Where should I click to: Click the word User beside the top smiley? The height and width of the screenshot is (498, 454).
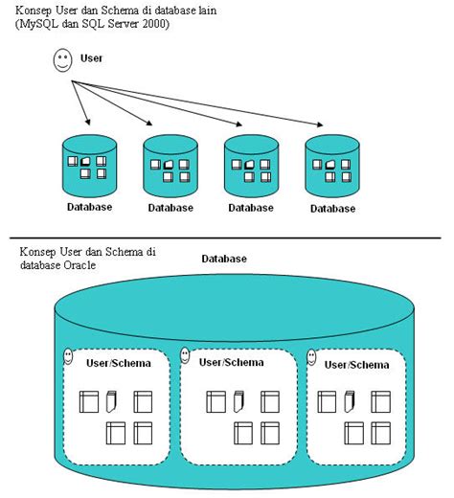coord(91,58)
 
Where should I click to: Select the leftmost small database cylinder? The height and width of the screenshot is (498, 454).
coord(89,166)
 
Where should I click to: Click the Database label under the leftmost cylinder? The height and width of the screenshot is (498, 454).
coord(89,207)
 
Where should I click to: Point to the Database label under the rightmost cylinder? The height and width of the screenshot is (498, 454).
coord(331,209)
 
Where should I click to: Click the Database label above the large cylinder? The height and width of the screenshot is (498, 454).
coord(224,259)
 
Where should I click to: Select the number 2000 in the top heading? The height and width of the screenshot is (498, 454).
coord(153,23)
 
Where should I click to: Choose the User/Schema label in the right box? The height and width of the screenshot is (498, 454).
coord(356,364)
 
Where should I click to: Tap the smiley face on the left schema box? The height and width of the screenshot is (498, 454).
coord(68,357)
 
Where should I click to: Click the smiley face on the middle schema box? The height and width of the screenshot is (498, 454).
coord(188,356)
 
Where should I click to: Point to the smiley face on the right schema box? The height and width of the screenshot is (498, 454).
coord(311,357)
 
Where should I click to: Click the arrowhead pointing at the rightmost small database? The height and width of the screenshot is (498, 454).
coord(319,123)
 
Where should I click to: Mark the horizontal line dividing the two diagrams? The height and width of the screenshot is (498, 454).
coord(227,238)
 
